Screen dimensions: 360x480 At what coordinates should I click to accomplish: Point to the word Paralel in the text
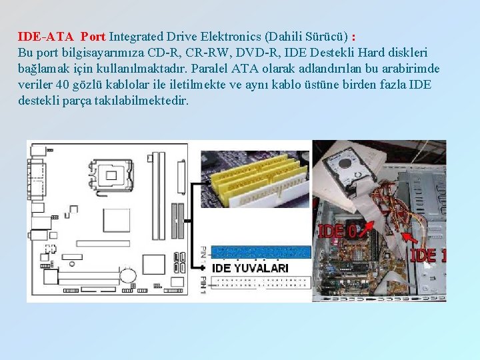(x=212, y=69)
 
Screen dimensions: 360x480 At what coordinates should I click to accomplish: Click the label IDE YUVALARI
(x=250, y=268)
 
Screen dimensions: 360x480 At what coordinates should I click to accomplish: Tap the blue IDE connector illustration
(x=260, y=252)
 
